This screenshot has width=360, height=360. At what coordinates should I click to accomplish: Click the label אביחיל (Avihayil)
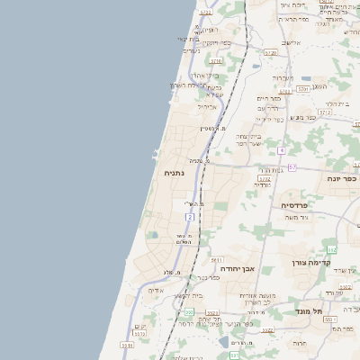pos(207,105)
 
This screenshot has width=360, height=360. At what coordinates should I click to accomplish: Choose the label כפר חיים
pos(269,98)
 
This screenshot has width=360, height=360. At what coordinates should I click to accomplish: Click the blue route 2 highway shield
pos(189,218)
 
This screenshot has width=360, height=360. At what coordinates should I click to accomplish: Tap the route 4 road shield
pos(282,149)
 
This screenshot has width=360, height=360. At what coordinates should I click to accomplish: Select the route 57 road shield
pos(292,167)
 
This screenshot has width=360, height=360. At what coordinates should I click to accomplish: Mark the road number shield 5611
pos(217,259)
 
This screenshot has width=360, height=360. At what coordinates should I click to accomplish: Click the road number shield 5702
pos(265,179)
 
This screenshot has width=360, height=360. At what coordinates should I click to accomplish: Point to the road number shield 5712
pos(206,13)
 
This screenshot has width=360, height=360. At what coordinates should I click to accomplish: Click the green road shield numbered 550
pos(188,311)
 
